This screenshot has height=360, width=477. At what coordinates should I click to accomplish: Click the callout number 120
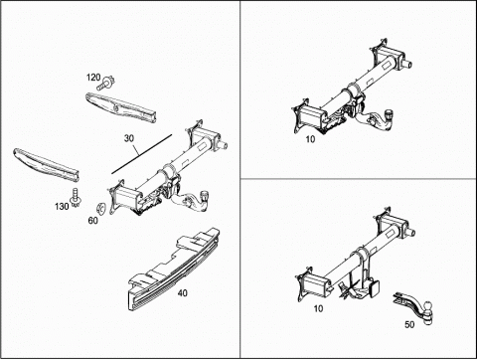coord(93,78)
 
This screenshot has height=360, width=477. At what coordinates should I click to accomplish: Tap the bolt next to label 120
coord(106,83)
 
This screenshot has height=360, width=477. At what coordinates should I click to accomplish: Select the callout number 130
coord(62,207)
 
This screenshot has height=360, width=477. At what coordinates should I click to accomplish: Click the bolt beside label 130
coord(76,198)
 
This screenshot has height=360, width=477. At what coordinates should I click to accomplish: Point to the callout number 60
coord(93,220)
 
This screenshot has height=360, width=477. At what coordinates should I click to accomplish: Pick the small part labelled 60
coord(100,208)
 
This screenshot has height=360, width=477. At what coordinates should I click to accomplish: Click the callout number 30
coord(129,138)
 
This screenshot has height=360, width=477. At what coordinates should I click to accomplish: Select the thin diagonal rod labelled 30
coord(142,154)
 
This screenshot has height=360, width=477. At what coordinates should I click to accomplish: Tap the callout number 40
coord(183,293)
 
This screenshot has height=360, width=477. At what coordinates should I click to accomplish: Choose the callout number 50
coord(409,324)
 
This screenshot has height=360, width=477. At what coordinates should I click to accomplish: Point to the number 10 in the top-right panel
coord(310,139)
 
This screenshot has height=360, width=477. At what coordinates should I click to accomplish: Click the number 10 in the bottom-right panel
coord(318,308)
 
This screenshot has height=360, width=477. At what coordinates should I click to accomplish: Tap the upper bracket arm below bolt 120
coord(121,107)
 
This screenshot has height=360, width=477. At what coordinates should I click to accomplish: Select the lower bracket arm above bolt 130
coord(47,165)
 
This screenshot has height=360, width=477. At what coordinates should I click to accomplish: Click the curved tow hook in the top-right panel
coord(378,120)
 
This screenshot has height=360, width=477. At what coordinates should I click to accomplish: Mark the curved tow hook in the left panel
coord(192,201)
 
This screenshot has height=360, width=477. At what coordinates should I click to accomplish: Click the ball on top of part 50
coord(428,305)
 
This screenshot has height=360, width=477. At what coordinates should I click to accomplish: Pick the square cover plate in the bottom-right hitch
coord(375,287)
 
